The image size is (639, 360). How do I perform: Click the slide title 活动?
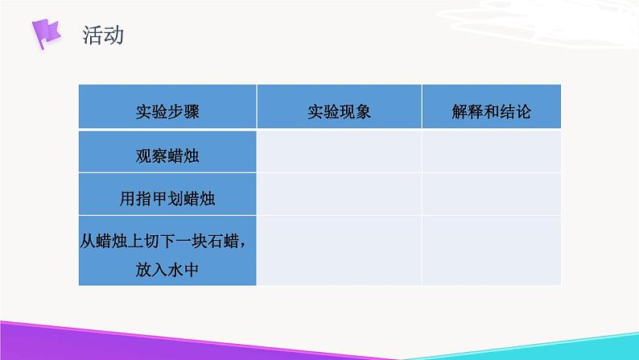[103, 35]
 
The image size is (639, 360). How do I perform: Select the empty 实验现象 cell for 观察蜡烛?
[339, 151]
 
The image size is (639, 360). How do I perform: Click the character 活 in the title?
[93, 35]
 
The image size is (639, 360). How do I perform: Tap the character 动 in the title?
[113, 35]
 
